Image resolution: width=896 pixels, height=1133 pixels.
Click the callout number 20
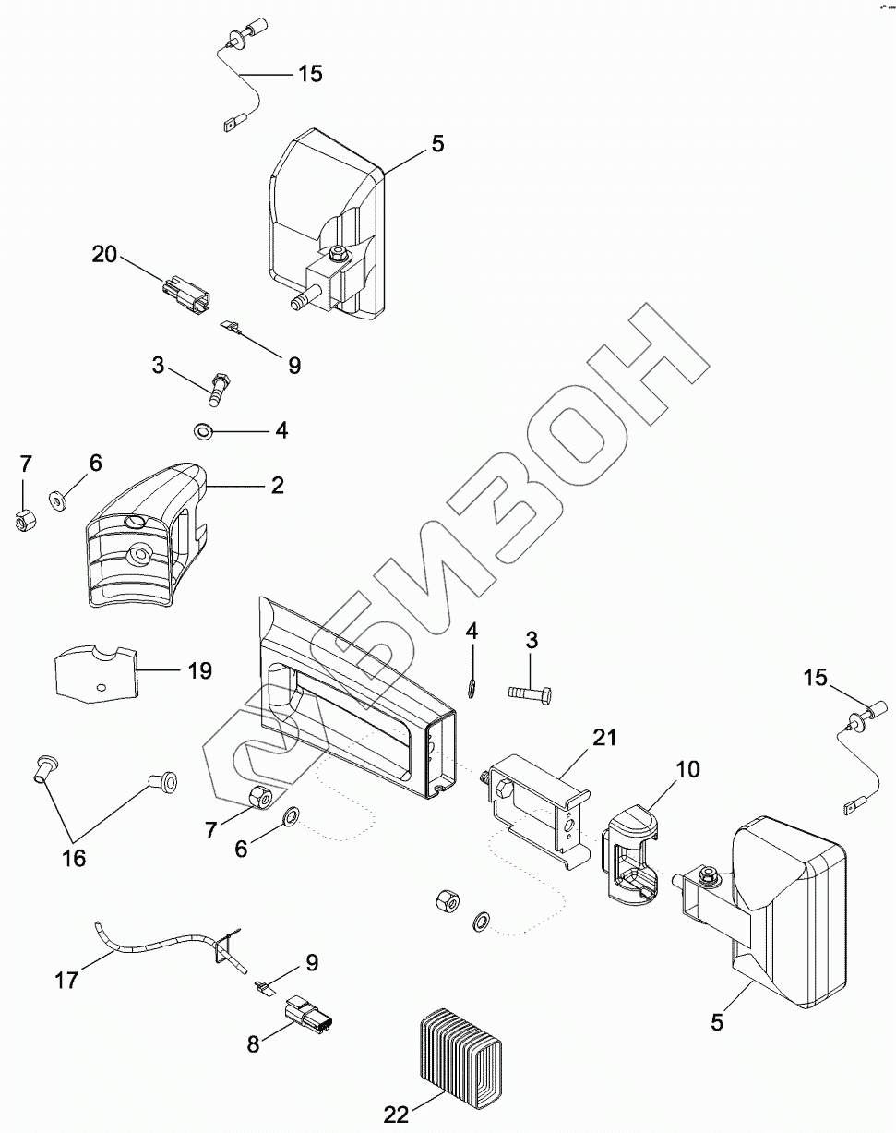coord(104,254)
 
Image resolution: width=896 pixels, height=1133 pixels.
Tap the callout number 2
coord(278,486)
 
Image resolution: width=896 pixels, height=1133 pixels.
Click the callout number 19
coord(200,669)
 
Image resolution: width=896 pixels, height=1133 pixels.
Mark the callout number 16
coord(74,858)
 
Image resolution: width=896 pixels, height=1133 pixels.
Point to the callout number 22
coord(396,1115)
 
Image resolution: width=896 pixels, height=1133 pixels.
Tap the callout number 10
coord(688,768)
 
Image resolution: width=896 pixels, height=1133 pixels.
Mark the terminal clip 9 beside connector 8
coord(263,986)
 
